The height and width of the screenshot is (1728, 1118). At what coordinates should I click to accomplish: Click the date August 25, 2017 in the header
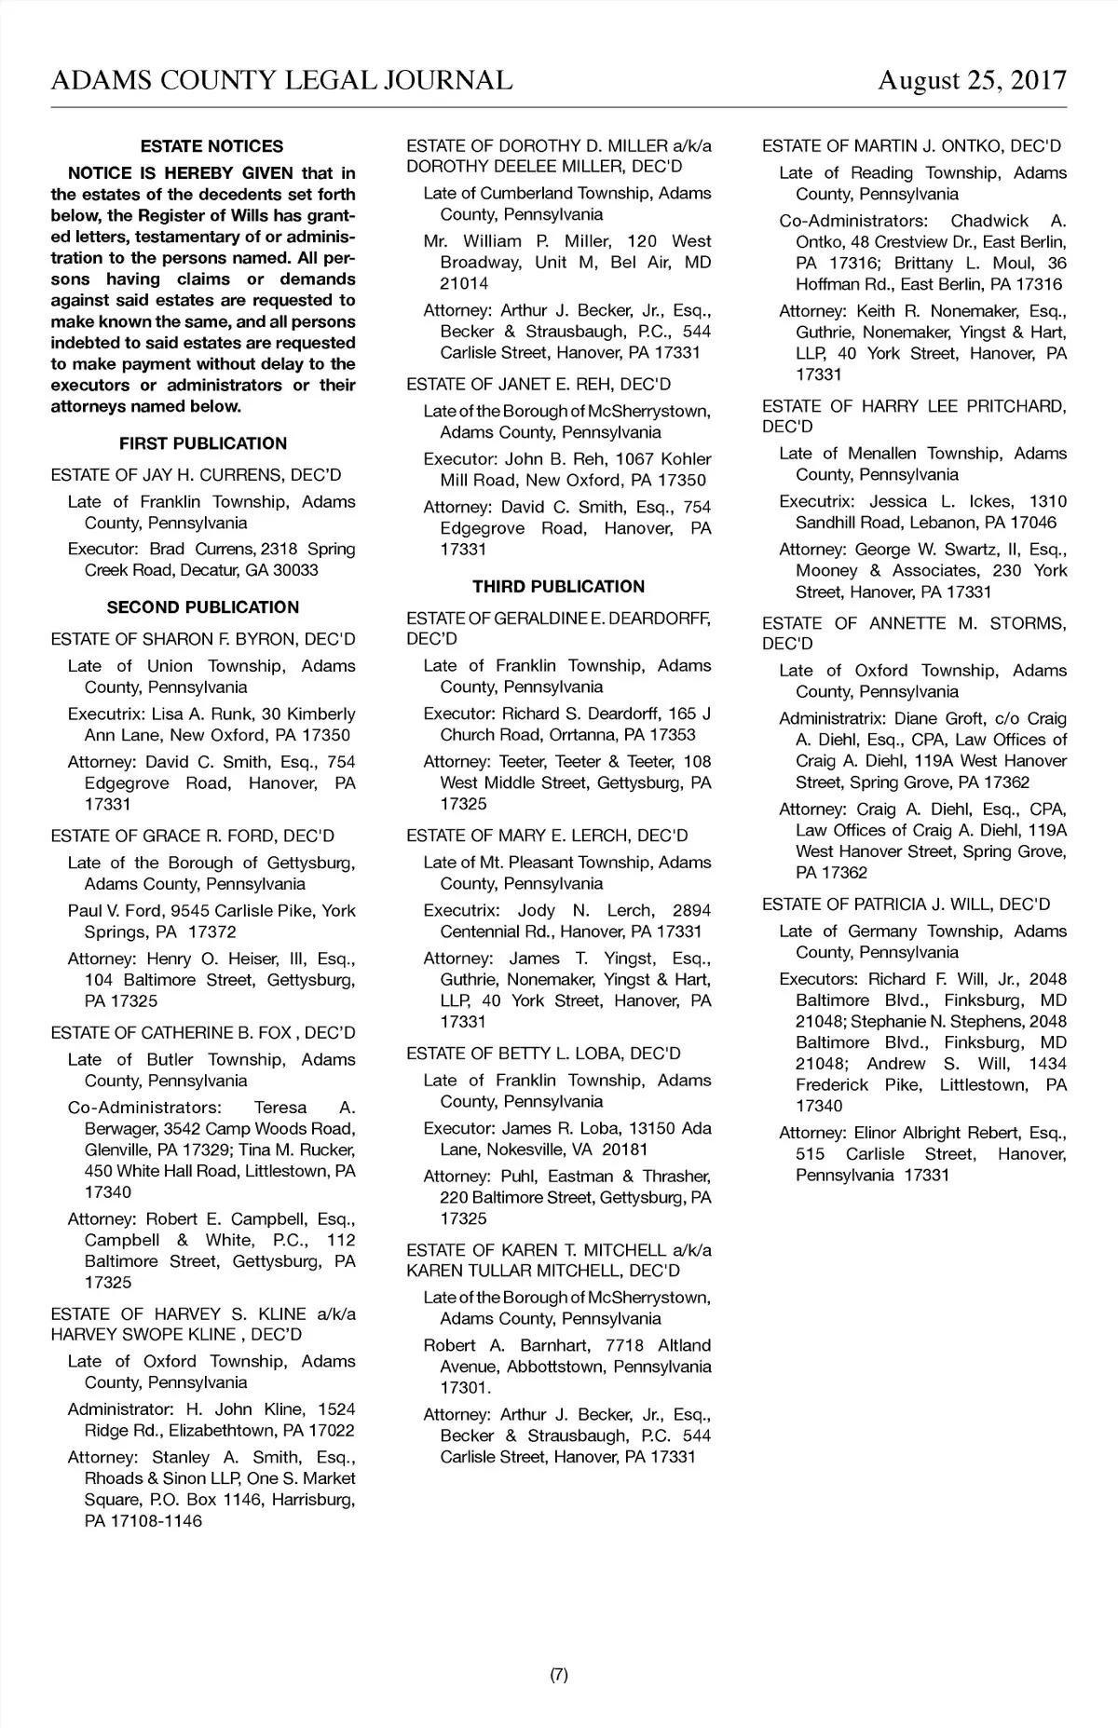pos(972,80)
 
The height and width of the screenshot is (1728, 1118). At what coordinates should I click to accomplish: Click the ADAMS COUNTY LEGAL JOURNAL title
pos(281,80)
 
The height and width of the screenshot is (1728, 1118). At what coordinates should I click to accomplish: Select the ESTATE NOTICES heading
pos(211,146)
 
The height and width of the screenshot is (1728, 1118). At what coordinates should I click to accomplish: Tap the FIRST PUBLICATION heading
pos(203,443)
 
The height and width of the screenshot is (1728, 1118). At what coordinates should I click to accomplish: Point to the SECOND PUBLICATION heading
pos(203,607)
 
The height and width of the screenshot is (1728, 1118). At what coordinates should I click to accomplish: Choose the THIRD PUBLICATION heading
pos(558,586)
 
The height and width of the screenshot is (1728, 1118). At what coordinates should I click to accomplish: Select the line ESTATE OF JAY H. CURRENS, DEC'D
pos(196,475)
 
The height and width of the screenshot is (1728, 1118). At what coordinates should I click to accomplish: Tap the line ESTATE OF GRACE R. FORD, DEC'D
pos(192,836)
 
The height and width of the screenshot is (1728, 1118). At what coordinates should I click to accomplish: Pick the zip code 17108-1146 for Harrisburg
pos(157,1521)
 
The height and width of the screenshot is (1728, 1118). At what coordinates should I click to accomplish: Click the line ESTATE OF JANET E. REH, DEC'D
pos(539,384)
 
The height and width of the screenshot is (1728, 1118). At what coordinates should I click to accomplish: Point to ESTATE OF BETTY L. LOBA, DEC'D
pos(543,1054)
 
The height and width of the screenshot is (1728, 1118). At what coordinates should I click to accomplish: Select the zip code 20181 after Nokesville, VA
pos(623,1150)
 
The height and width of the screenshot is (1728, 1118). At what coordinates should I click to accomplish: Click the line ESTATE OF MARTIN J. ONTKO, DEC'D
pos(911,146)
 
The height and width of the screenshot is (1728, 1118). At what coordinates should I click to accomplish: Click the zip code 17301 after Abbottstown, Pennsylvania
pos(461,1388)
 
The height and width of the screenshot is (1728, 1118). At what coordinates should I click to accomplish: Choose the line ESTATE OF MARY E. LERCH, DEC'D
pos(547,836)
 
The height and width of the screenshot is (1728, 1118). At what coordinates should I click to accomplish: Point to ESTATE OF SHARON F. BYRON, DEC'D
pos(203,639)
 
